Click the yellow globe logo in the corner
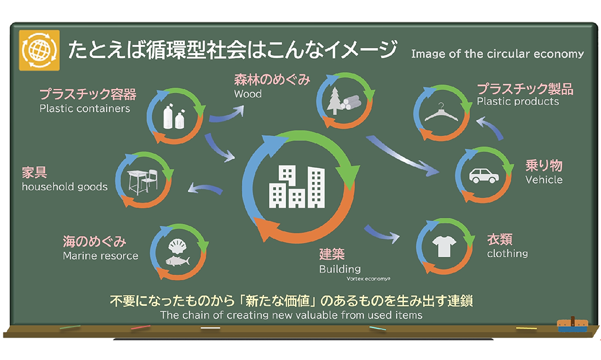(40, 50)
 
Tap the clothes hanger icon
(441, 112)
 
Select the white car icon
(484, 175)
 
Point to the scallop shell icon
(177, 246)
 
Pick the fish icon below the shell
(178, 261)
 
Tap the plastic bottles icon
(174, 116)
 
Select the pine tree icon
(335, 100)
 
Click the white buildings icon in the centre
(297, 186)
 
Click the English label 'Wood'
(248, 94)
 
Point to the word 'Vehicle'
(544, 180)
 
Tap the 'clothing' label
(508, 254)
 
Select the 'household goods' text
(65, 187)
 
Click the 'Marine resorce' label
(101, 256)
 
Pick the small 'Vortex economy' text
(368, 279)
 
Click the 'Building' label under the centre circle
(340, 269)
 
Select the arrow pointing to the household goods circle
(205, 189)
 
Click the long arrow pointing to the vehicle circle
(403, 155)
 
